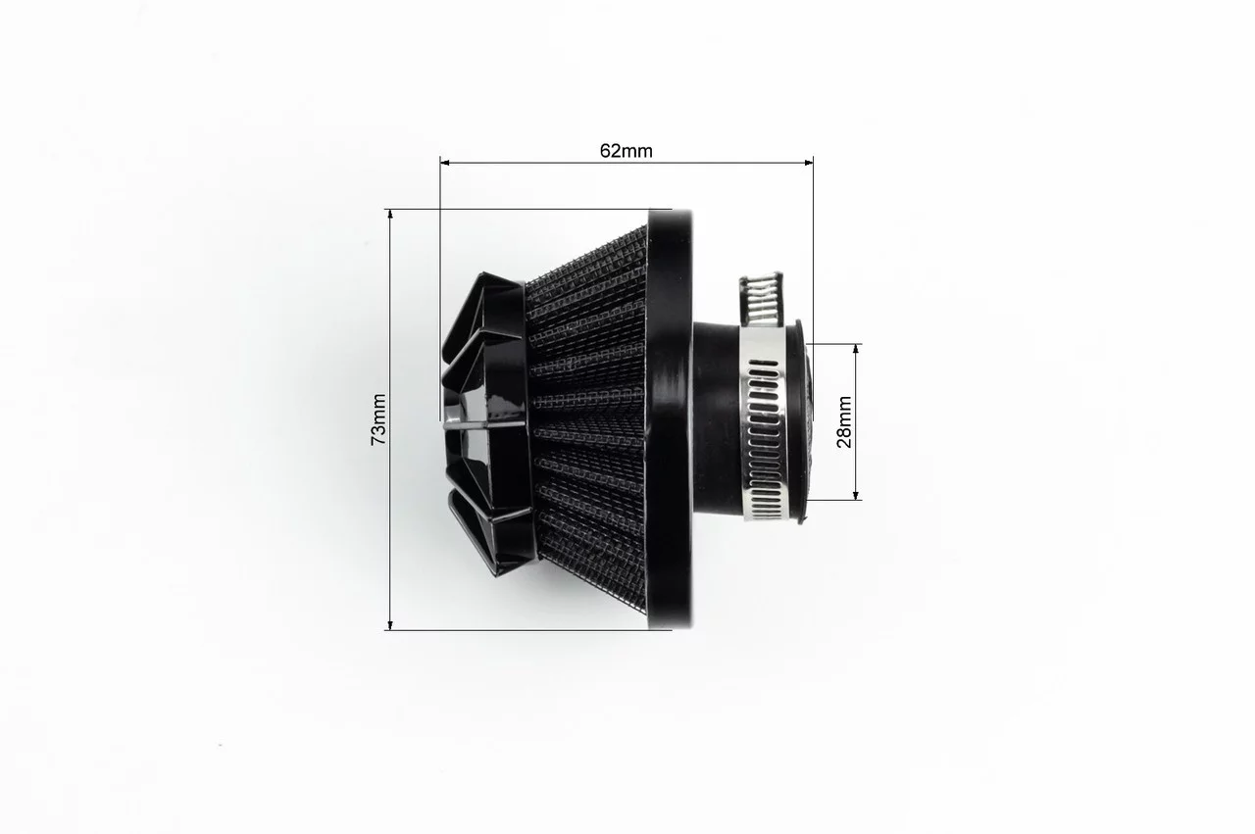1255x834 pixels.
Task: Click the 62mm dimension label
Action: tap(626, 151)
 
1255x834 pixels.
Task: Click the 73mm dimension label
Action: tap(379, 419)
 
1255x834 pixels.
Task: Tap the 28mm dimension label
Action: tap(844, 421)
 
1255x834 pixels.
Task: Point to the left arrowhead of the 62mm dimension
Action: tap(445, 163)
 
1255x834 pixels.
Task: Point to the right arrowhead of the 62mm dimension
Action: tap(809, 163)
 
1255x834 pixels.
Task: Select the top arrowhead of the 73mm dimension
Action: tap(390, 214)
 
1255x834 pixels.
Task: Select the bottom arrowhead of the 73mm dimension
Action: tap(390, 625)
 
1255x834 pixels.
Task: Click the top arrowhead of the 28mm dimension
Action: tap(856, 349)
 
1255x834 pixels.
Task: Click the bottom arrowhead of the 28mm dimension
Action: tap(856, 495)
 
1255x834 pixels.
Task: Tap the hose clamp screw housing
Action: tap(760, 300)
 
